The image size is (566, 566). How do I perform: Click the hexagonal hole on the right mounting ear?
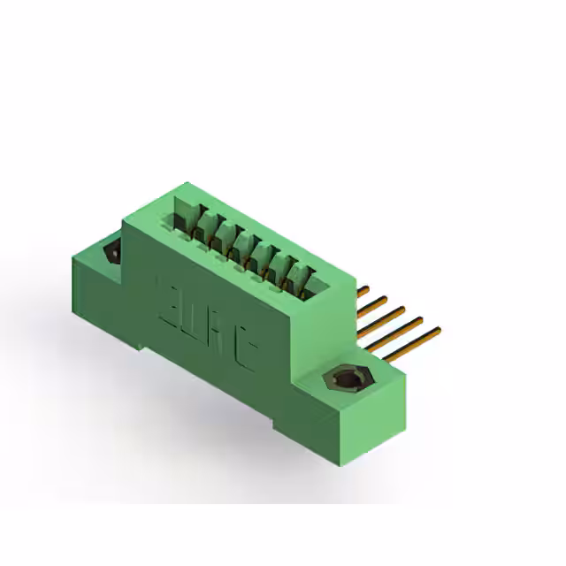[x=346, y=381]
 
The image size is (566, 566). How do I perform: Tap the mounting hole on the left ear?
[x=113, y=253]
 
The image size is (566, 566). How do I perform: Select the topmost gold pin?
[x=362, y=290]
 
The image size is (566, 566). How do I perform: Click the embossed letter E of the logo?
[x=167, y=291]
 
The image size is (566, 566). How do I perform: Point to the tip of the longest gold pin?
[x=438, y=331]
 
